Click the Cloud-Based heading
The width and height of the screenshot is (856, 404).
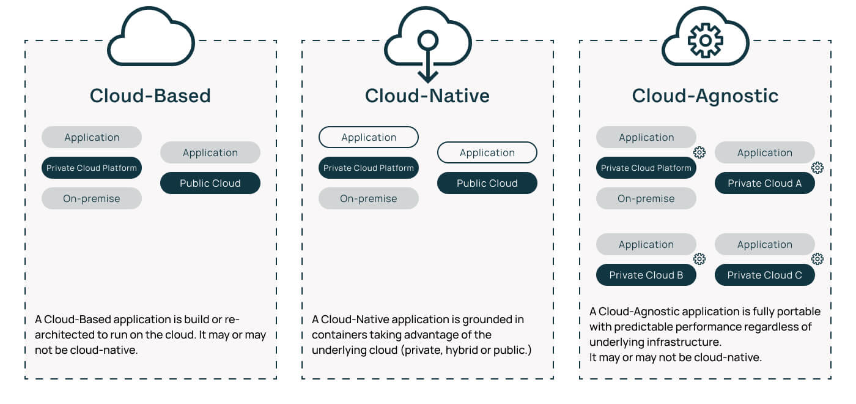point(150,96)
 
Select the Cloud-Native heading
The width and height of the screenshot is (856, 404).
point(427,96)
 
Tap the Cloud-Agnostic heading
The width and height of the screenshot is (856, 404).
point(705,96)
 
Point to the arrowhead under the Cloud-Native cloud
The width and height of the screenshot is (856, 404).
point(427,77)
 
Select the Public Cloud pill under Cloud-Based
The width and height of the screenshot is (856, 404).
point(210,183)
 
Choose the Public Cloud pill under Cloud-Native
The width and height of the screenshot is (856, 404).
point(487,183)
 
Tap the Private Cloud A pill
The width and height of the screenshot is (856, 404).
point(764,183)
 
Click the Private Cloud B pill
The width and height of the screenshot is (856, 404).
point(646,275)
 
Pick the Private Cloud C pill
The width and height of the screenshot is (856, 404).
point(764,275)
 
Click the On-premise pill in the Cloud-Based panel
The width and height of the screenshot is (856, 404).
point(92,198)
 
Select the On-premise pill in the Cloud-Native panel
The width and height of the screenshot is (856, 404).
point(369,198)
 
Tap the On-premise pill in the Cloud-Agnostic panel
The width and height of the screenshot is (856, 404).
point(646,198)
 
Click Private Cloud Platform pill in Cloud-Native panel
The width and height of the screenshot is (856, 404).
point(369,168)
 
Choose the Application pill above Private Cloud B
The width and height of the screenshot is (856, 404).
point(646,244)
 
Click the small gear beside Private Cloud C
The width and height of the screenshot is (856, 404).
point(817,259)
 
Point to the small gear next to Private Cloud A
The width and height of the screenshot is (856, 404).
point(817,167)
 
